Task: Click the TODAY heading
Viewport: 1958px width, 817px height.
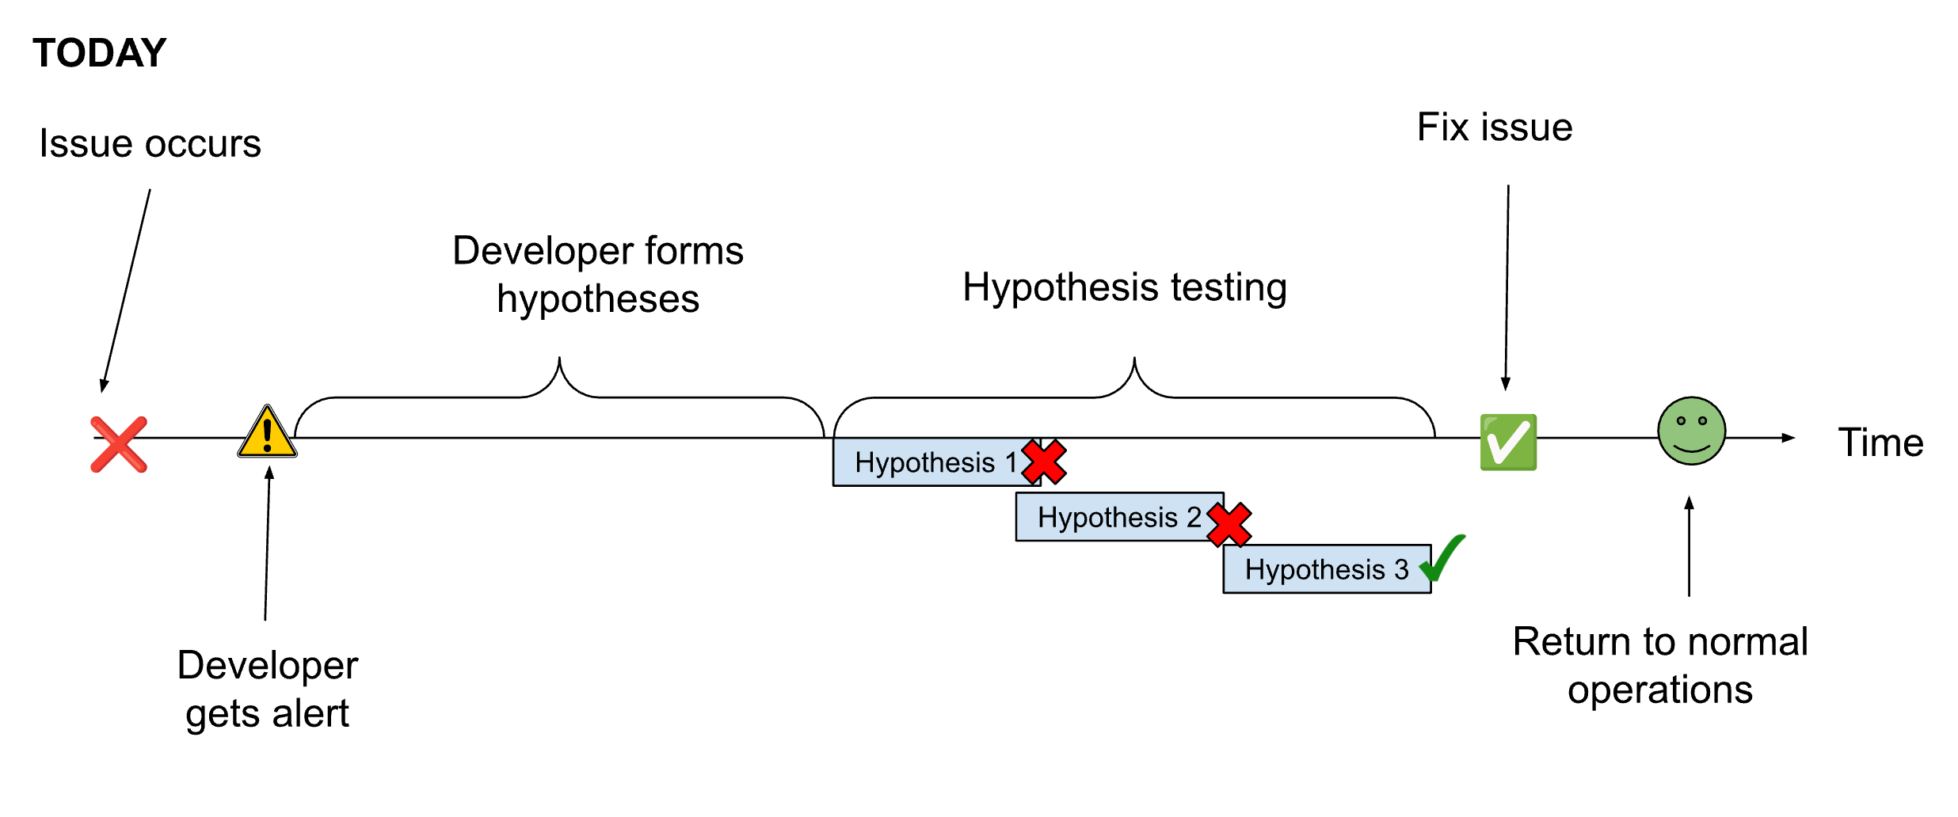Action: click(99, 53)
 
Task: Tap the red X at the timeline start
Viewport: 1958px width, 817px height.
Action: click(119, 444)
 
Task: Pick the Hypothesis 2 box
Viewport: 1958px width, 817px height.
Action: click(1109, 517)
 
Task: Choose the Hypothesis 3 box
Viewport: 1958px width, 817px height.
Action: click(1319, 569)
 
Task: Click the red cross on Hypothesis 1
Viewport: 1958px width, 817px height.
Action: click(1044, 462)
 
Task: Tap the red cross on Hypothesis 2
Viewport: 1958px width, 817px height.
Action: click(1229, 524)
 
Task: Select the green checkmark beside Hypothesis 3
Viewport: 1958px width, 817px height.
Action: click(1443, 558)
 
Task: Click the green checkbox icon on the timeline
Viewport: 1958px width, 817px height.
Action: click(1508, 443)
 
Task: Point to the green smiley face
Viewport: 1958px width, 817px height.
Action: click(1691, 431)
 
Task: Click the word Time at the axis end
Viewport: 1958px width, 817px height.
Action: click(1880, 443)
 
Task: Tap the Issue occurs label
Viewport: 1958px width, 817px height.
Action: click(150, 144)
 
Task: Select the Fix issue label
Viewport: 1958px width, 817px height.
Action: click(1495, 127)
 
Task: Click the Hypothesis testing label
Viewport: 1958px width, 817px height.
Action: click(1125, 287)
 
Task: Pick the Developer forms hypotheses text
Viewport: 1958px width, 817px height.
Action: click(598, 274)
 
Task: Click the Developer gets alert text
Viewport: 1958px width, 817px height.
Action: click(268, 689)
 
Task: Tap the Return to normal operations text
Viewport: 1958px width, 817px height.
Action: click(1660, 665)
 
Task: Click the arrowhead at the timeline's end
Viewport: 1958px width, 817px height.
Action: click(1788, 438)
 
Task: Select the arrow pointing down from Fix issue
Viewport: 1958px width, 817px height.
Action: click(1507, 285)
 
